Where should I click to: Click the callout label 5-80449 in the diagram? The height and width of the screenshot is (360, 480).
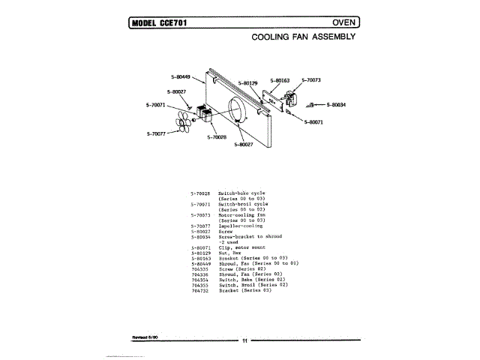181,76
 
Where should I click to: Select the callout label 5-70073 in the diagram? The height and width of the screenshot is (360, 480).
310,79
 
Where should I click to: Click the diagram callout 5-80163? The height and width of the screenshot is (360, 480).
280,79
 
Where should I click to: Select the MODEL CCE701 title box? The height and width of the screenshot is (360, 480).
158,22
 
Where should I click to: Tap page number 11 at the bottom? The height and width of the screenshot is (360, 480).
244,341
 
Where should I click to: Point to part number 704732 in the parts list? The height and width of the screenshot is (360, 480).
200,289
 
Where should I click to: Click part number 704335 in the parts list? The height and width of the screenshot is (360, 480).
200,268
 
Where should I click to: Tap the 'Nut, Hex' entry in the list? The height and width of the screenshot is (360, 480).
229,253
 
